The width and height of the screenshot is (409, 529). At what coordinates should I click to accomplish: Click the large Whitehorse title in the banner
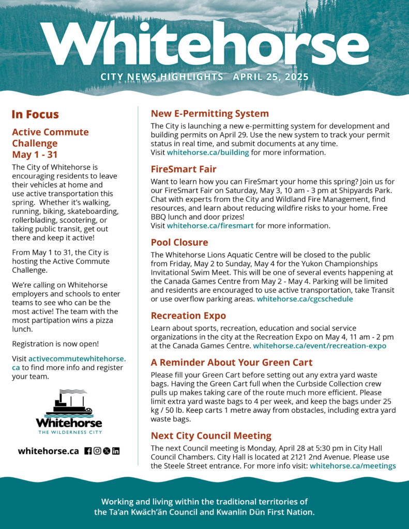tap(204, 44)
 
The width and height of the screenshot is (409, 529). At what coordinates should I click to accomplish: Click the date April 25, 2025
tap(270, 77)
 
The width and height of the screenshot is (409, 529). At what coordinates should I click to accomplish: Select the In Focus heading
tap(35, 115)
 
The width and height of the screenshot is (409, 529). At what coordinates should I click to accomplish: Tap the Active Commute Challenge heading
tap(50, 143)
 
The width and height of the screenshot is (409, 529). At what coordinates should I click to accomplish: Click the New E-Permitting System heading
tap(209, 114)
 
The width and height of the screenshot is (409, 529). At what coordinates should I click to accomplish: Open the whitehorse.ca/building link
tap(208, 153)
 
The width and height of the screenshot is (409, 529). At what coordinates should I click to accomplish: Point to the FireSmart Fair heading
tap(184, 169)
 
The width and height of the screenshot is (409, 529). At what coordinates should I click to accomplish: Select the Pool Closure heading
tap(179, 242)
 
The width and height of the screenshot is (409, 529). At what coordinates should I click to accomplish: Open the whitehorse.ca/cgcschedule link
tap(305, 299)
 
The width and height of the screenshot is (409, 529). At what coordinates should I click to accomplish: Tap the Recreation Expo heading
tap(188, 315)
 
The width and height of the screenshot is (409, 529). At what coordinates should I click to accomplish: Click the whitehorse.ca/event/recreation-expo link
tap(320, 346)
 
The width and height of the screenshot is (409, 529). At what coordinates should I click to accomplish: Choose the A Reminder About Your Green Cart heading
tap(232, 363)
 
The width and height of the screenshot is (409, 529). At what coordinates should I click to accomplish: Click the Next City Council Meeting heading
tap(211, 435)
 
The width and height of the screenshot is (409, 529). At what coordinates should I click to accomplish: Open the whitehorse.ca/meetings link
tap(353, 466)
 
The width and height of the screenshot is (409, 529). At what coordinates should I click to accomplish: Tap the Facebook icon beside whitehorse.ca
tap(88, 451)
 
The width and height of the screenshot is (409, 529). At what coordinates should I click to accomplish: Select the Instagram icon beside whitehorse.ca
tap(97, 451)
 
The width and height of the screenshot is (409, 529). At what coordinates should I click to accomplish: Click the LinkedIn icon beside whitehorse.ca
tap(116, 451)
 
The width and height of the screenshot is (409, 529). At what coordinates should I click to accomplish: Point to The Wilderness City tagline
tap(69, 432)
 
